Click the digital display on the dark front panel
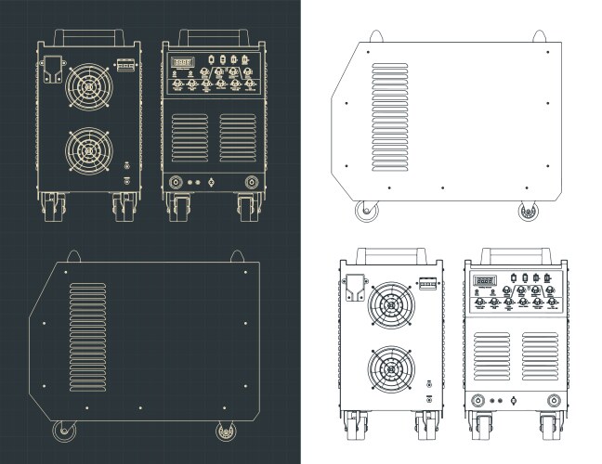tap(182, 64)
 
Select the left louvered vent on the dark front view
tap(190, 138)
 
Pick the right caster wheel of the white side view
tap(529, 212)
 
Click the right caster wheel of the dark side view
tap(225, 431)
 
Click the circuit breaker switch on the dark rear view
tap(125, 67)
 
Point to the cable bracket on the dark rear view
tap(53, 71)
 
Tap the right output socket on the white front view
tap(555, 401)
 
